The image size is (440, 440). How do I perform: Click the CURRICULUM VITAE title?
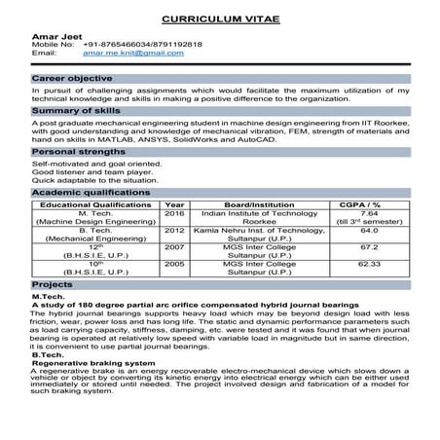tap(220, 18)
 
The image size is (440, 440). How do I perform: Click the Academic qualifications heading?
tap(85, 194)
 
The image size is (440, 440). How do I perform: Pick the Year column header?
tap(175, 205)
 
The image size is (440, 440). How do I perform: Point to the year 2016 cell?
tap(175, 214)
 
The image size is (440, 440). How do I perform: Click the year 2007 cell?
tap(175, 249)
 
